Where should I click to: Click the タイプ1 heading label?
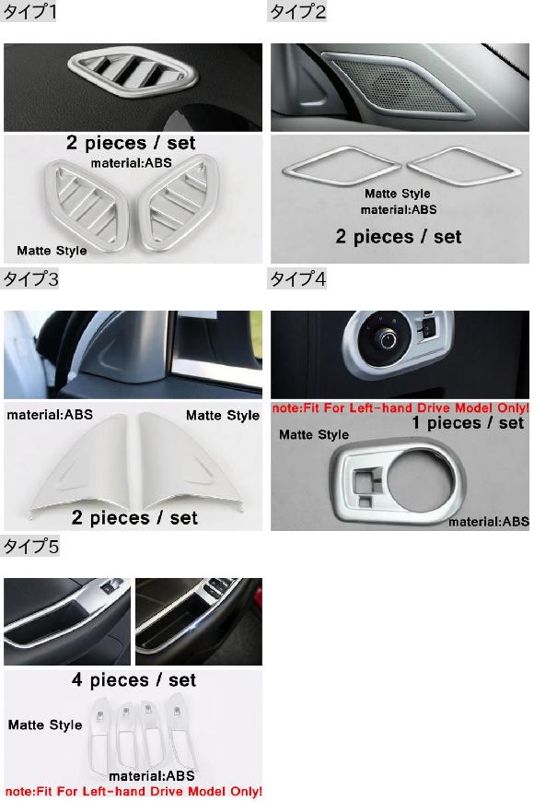[29, 11]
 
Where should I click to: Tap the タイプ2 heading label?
[296, 11]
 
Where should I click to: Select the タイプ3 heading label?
[30, 278]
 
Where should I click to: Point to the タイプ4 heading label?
[297, 278]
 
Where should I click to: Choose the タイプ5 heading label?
[30, 547]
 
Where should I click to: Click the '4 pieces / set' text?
[133, 680]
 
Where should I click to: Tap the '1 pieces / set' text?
[468, 423]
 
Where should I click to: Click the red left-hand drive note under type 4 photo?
[400, 408]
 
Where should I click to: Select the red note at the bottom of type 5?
[133, 791]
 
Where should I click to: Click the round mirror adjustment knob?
[385, 338]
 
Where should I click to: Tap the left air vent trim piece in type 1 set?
[85, 205]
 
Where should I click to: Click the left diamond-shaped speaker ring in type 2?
[342, 166]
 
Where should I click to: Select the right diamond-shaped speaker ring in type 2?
[464, 166]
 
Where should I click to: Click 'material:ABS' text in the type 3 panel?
[50, 414]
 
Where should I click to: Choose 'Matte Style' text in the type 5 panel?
[45, 725]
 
